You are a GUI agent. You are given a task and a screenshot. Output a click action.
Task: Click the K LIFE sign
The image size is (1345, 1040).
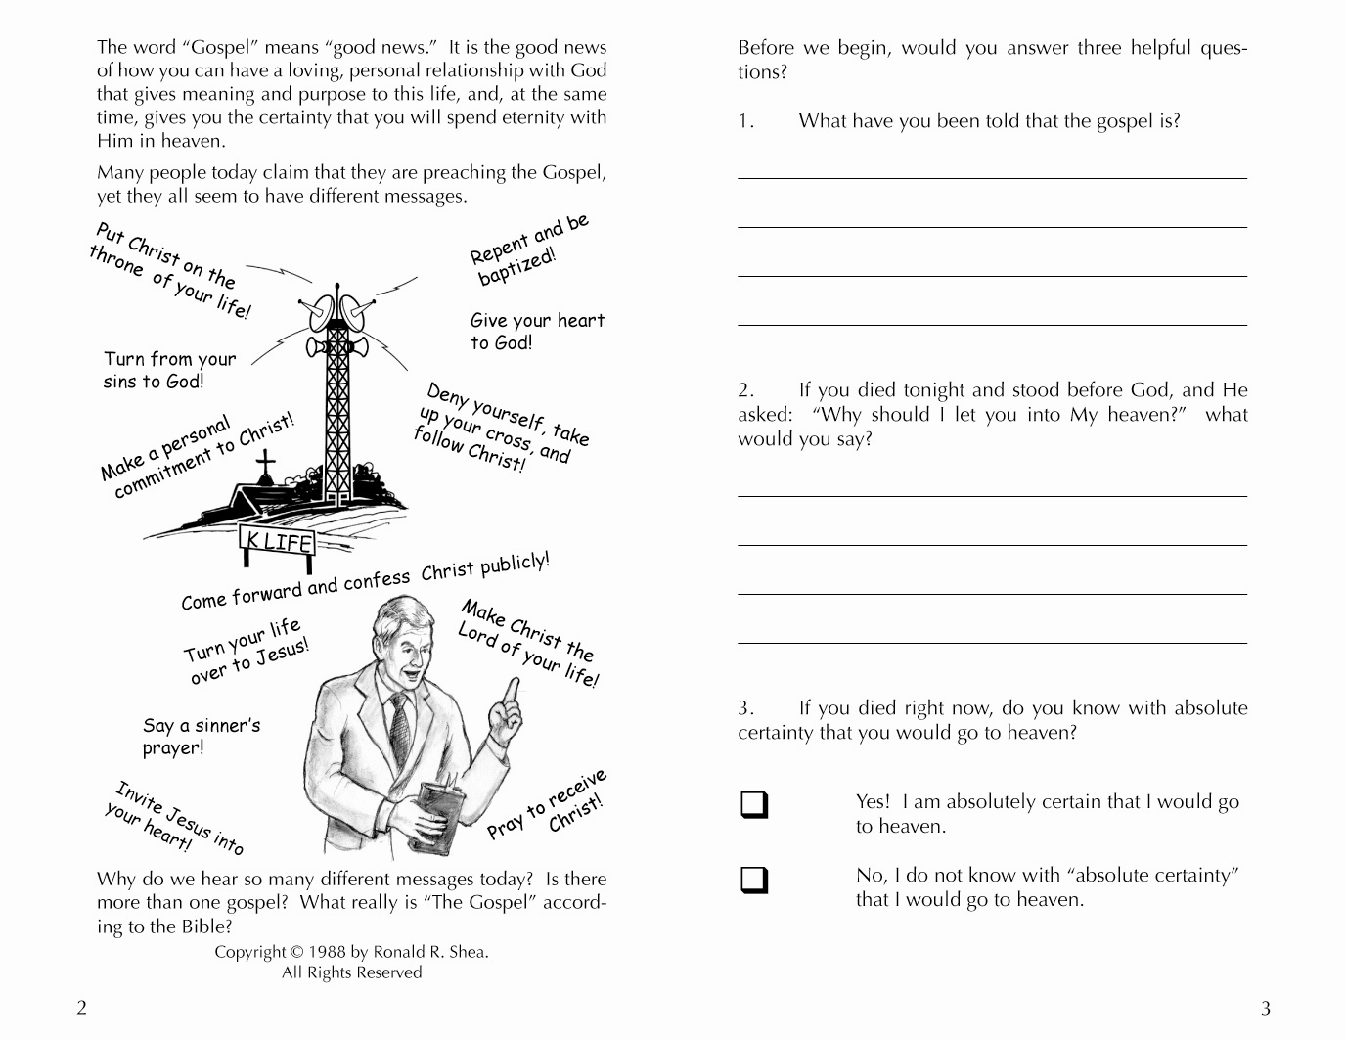(x=279, y=540)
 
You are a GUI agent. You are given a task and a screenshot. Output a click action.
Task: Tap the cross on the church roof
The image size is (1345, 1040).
(x=265, y=468)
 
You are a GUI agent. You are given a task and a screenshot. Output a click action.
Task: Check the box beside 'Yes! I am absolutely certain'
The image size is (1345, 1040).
(x=754, y=805)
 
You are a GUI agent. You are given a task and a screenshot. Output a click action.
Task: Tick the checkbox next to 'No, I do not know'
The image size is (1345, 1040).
(x=754, y=880)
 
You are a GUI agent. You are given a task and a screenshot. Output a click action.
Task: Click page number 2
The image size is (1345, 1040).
(x=81, y=1008)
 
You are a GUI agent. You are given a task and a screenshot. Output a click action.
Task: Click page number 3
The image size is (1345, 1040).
(x=1265, y=1008)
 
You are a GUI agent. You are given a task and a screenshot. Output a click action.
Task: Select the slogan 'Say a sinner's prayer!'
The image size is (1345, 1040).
(x=201, y=737)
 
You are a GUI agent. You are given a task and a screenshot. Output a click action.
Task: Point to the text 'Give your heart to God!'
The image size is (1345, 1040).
(x=537, y=332)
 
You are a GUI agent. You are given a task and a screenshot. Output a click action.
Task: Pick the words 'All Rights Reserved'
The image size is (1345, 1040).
(x=351, y=972)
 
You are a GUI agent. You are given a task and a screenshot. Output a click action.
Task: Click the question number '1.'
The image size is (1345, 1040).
(x=746, y=121)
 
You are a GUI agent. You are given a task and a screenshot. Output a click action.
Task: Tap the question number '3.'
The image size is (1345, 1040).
(x=746, y=708)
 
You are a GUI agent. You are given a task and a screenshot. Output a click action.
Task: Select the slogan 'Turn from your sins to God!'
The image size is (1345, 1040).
(x=169, y=370)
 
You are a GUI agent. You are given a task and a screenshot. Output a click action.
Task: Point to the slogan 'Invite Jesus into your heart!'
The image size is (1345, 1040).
(x=174, y=818)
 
